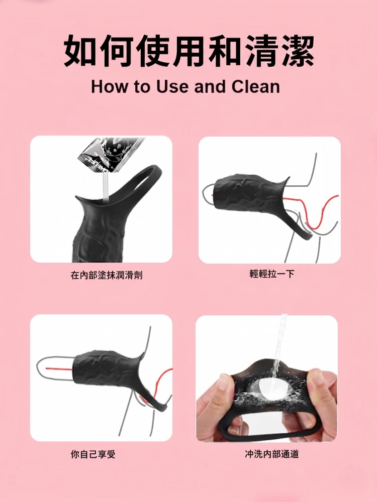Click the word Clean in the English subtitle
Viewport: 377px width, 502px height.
pos(256,87)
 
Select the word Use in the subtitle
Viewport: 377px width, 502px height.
pos(172,87)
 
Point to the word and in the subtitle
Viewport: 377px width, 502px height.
pos(210,87)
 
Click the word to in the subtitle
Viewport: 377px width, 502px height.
pos(142,87)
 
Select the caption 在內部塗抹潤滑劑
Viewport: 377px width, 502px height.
pos(107,275)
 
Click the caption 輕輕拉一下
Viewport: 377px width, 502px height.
pos(272,274)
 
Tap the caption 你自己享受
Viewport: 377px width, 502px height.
pos(93,454)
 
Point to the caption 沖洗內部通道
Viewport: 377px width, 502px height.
pos(272,454)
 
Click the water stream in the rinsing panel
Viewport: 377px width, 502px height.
pos(279,346)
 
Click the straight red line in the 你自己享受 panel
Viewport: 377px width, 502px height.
pos(60,368)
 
